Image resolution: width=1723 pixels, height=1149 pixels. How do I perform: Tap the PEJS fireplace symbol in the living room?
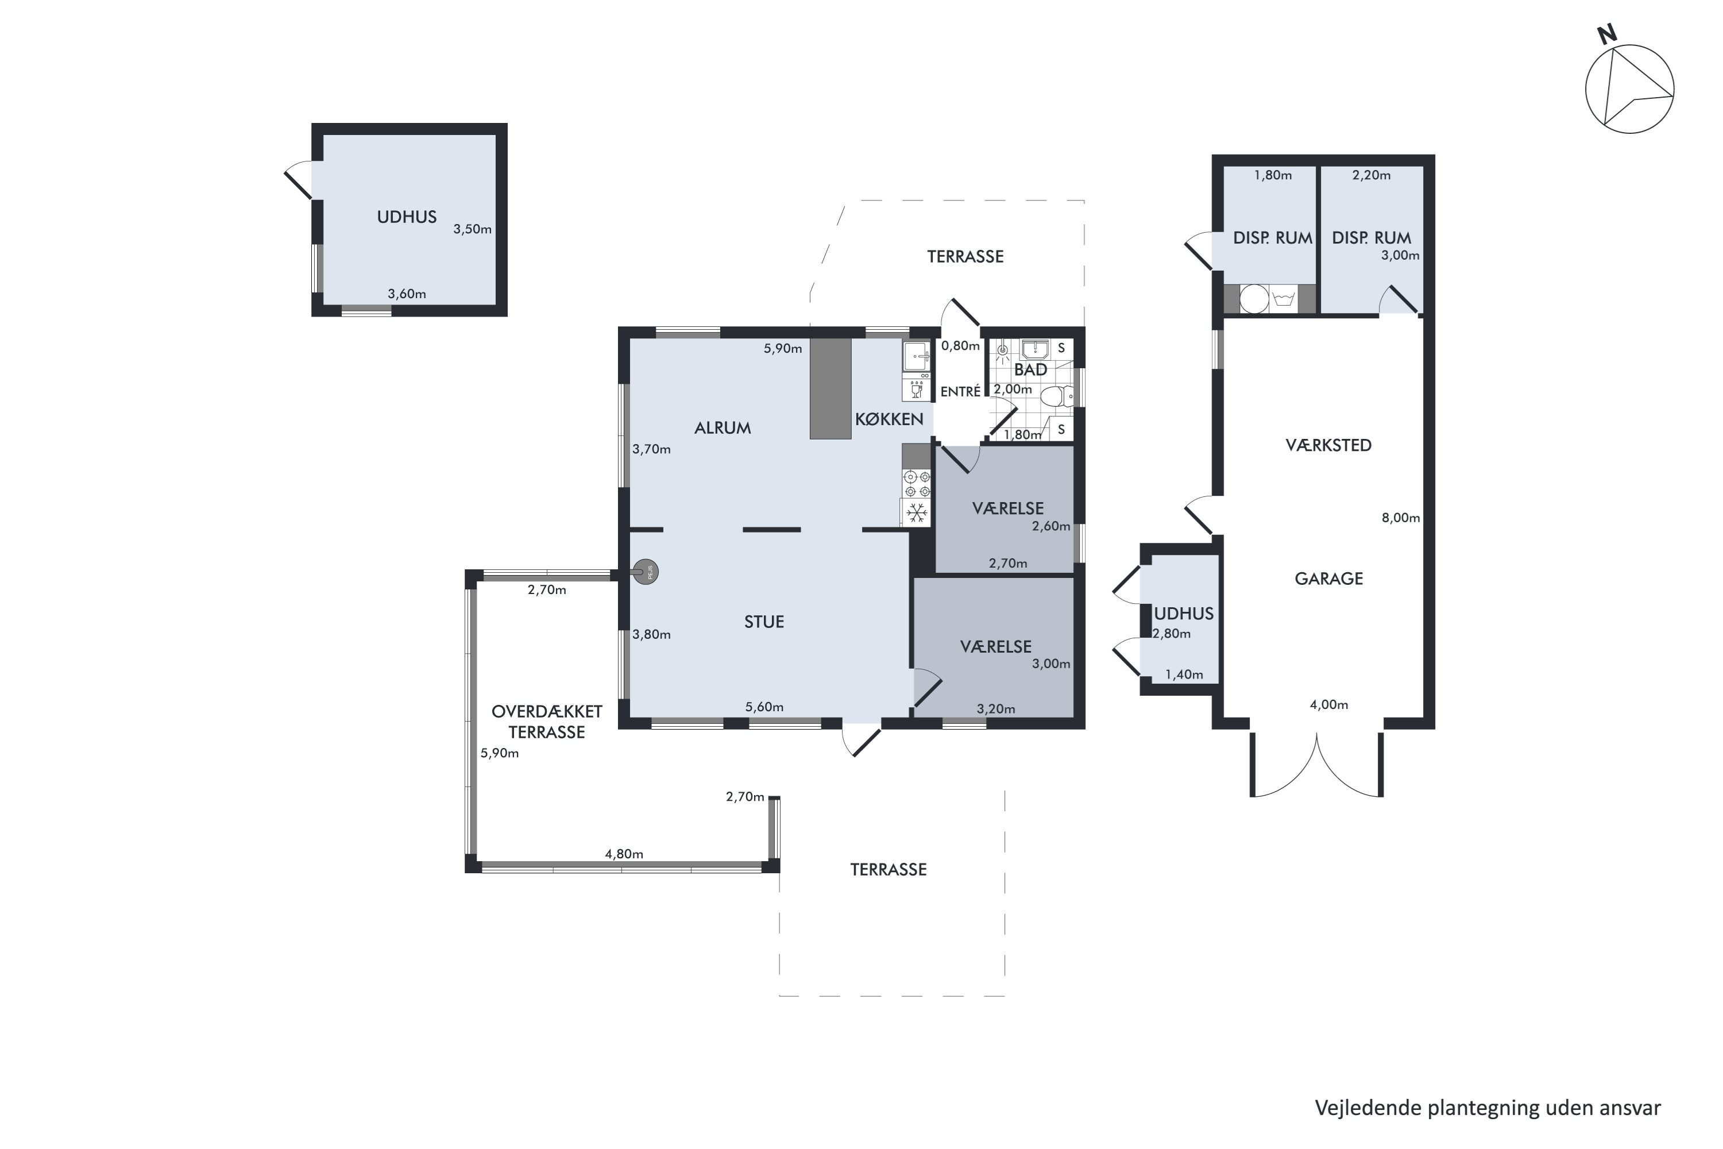[x=646, y=572]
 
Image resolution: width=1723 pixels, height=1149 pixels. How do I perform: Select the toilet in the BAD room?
[x=1056, y=396]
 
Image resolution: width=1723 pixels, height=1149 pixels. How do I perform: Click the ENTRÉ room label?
[x=960, y=392]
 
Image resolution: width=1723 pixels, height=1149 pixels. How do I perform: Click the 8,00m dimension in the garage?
[x=1401, y=518]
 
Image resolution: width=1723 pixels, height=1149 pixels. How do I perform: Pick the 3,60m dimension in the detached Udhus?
[x=407, y=294]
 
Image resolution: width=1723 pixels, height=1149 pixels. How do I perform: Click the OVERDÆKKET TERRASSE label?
[x=547, y=722]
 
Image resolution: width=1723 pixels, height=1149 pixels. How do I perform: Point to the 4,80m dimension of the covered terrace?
[x=624, y=854]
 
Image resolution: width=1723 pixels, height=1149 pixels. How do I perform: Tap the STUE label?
[x=764, y=622]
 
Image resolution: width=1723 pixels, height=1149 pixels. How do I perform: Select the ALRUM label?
[x=723, y=428]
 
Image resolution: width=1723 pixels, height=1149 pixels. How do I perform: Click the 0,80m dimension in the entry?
[x=960, y=346]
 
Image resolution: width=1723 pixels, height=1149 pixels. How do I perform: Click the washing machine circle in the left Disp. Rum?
[x=1254, y=299]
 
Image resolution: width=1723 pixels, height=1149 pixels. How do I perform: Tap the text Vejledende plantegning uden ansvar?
[x=1488, y=1108]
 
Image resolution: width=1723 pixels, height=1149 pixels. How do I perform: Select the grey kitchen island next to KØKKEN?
[x=830, y=388]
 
